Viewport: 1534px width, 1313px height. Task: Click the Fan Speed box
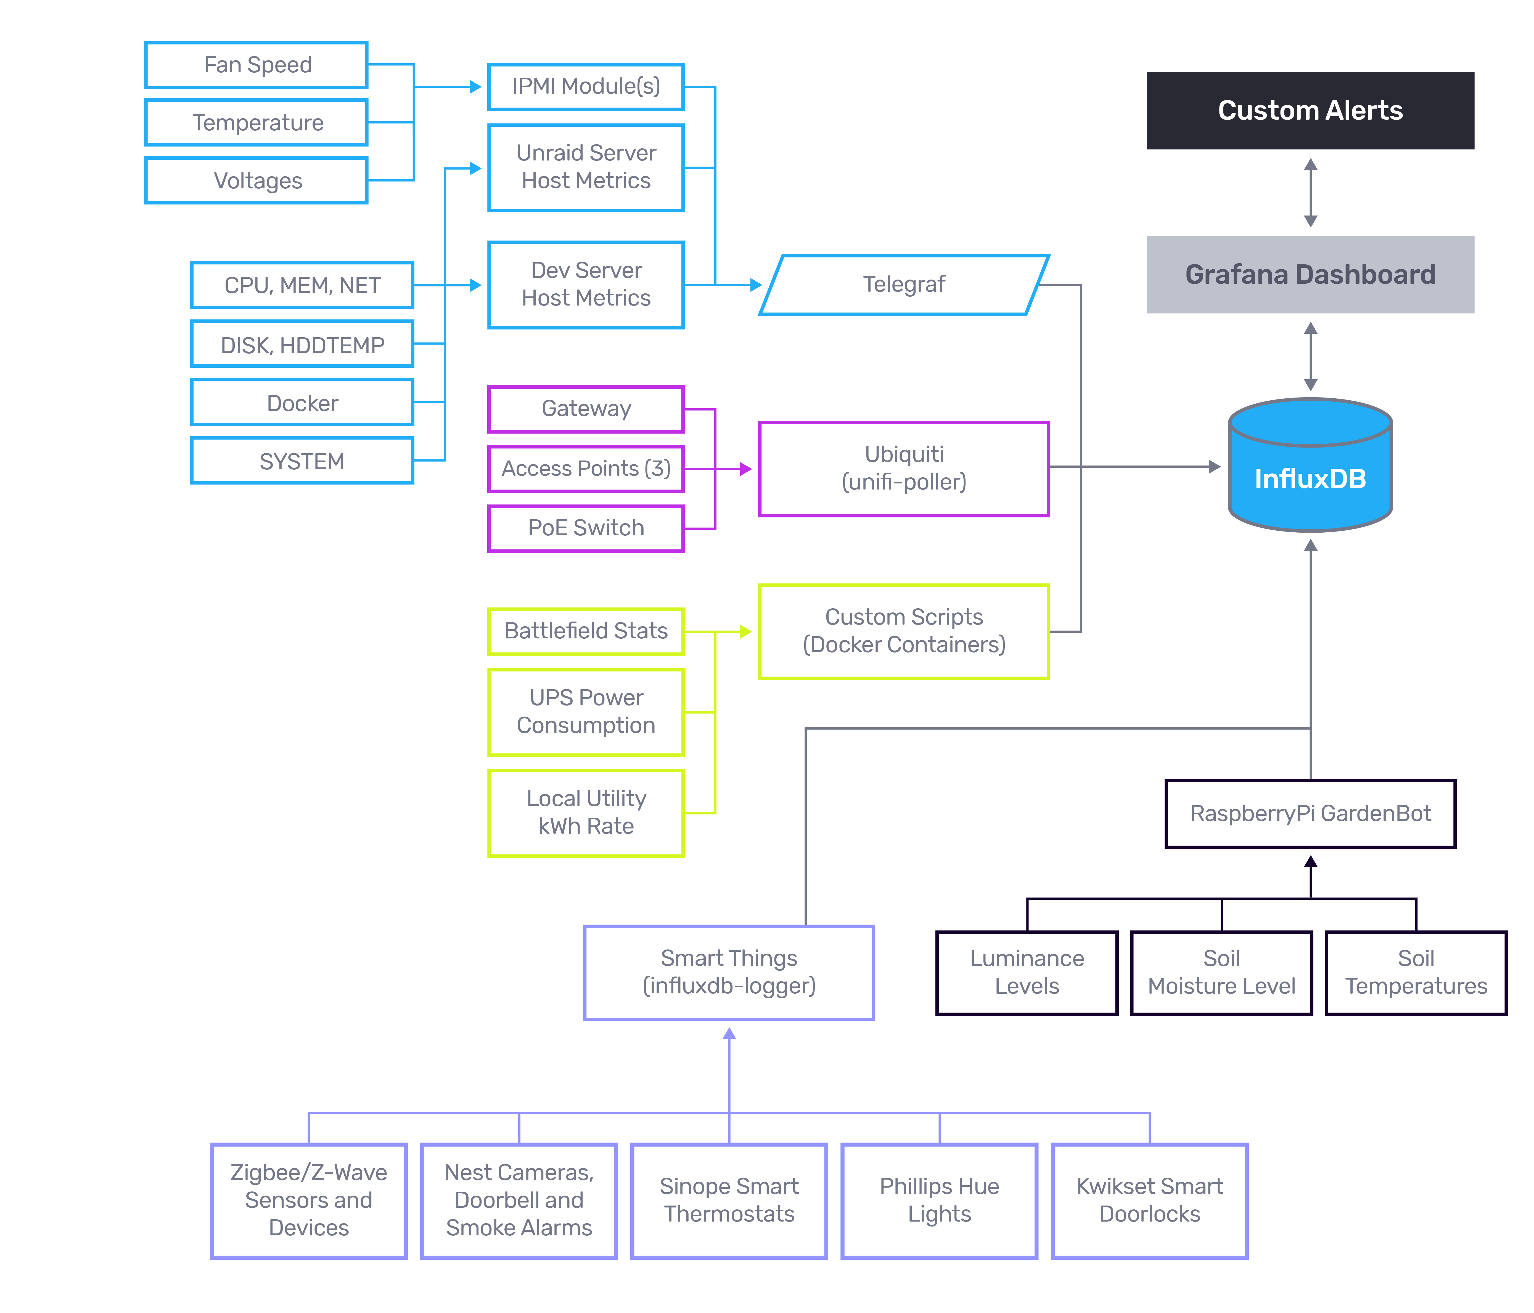(x=256, y=65)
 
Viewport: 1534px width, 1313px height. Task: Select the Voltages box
(x=256, y=181)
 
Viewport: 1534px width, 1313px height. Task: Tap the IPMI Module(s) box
(x=586, y=87)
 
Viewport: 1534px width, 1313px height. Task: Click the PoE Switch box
(x=586, y=528)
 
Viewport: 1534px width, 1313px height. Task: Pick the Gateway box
(x=586, y=409)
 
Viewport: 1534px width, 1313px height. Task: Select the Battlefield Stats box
(x=586, y=631)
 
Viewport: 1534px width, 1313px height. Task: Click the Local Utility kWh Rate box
(x=586, y=812)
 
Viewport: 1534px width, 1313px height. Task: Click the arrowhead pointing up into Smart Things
(x=729, y=1034)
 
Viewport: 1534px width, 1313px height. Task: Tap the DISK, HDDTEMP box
(x=302, y=344)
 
